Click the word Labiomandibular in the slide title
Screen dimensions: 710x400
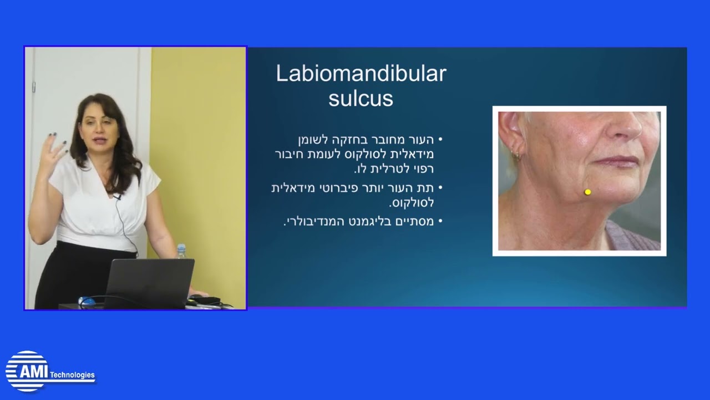(x=361, y=74)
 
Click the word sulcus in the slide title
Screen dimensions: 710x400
(x=361, y=99)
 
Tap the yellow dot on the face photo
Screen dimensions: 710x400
(x=587, y=192)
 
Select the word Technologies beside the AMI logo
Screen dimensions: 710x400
(x=72, y=375)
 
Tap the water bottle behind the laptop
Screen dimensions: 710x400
(x=181, y=252)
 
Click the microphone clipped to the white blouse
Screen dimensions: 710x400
(x=118, y=197)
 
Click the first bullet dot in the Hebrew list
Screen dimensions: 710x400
(x=440, y=139)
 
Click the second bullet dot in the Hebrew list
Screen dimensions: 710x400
(x=440, y=188)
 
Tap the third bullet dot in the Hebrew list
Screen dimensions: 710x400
(x=440, y=221)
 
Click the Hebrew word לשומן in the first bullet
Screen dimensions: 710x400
(x=313, y=139)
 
